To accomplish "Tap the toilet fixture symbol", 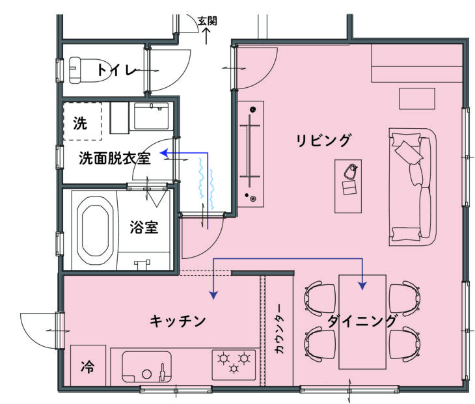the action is click(x=88, y=70).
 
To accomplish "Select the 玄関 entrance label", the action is click(x=208, y=21).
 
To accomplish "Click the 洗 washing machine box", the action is click(x=83, y=121).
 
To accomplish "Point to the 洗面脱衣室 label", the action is click(x=115, y=158).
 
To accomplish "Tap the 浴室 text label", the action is click(x=144, y=227).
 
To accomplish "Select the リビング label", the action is click(x=323, y=141).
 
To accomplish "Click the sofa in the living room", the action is click(x=413, y=187).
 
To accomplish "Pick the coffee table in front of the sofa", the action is click(x=348, y=186).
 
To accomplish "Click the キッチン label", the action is click(x=178, y=321).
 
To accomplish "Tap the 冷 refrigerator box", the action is click(x=88, y=365).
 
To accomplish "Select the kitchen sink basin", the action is click(x=146, y=367).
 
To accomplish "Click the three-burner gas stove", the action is click(x=234, y=364).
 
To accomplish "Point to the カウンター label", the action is click(x=279, y=329).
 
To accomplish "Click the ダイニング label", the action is click(x=362, y=321).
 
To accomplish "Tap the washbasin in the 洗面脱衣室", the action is click(x=151, y=116).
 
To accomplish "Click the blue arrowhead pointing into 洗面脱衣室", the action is click(x=164, y=153).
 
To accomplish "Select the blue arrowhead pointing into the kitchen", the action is click(x=214, y=295).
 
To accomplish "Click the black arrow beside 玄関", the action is click(x=206, y=36).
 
